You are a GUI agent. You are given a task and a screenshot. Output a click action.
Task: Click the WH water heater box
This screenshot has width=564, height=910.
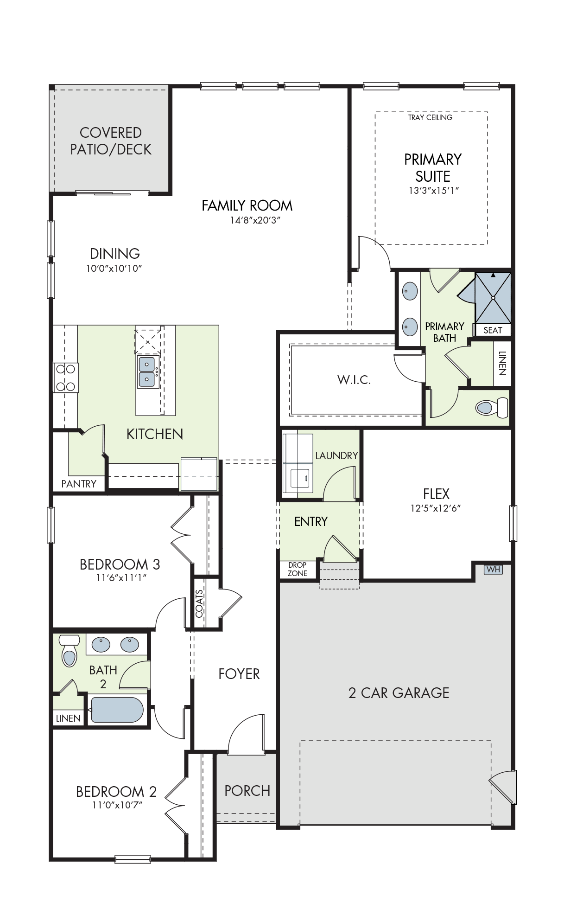tap(493, 569)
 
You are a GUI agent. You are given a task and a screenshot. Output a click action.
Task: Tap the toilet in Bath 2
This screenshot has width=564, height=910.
tap(69, 650)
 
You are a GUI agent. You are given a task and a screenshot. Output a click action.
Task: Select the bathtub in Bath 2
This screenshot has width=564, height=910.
tap(117, 710)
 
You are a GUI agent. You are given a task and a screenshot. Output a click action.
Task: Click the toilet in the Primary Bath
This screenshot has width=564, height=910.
tap(492, 408)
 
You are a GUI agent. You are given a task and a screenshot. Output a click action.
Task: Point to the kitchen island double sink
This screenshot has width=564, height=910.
tap(147, 372)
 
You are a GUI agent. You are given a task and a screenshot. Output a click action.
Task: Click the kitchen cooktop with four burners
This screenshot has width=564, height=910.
tap(65, 378)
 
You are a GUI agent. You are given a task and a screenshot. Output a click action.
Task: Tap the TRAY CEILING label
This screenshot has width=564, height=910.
tap(430, 118)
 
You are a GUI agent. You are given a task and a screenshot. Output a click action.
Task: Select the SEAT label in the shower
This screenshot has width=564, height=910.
tap(493, 330)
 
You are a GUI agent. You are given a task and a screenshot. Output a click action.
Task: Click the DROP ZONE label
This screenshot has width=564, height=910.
tap(298, 569)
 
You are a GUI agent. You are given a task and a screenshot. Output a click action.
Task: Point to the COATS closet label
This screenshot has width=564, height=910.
tap(199, 603)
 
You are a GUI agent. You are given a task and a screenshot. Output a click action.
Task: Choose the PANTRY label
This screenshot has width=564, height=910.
tap(79, 484)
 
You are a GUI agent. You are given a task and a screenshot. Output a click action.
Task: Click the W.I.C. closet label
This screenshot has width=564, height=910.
tap(354, 380)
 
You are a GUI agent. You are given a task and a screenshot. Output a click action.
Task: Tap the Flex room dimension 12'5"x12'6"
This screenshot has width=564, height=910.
tap(436, 508)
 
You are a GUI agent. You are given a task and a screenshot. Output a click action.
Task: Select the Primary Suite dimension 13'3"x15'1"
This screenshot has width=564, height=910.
tap(434, 190)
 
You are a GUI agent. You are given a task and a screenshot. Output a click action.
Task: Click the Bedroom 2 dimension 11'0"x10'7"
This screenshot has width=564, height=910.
tap(117, 805)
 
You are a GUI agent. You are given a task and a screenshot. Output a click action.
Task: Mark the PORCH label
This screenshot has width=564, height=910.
tap(247, 791)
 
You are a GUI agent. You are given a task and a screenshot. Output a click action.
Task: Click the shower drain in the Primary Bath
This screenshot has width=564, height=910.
tap(493, 298)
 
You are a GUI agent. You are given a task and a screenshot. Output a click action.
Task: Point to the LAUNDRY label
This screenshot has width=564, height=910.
tap(337, 455)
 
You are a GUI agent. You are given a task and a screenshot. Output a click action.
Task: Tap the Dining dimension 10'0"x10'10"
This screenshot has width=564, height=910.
tap(114, 268)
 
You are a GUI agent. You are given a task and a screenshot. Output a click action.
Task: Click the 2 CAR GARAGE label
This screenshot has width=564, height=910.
tap(399, 693)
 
